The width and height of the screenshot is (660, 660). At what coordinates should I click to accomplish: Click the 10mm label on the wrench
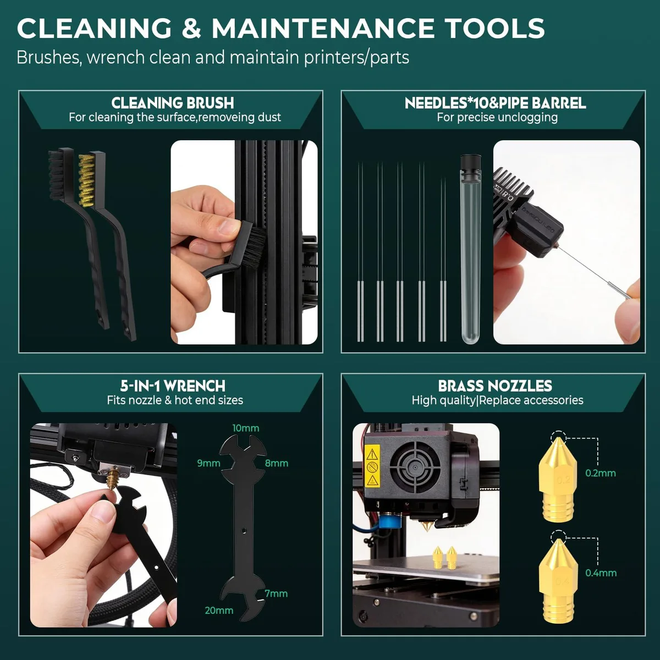(x=245, y=428)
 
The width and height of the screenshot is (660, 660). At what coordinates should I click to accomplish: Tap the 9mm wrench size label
(x=208, y=464)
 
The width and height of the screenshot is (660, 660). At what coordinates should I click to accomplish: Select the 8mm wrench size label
(x=277, y=464)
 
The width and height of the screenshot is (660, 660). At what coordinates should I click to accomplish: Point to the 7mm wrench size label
(x=276, y=593)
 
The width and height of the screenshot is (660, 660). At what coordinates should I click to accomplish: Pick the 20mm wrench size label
(x=219, y=610)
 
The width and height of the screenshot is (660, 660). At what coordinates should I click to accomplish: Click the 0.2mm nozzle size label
(x=601, y=473)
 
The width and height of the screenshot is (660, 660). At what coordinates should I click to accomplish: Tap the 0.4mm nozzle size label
(x=601, y=573)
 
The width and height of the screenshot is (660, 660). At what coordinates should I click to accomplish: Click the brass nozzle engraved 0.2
(x=558, y=480)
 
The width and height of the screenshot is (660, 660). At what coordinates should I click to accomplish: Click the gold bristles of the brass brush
(x=85, y=180)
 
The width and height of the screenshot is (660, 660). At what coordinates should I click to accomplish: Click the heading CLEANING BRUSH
(x=173, y=103)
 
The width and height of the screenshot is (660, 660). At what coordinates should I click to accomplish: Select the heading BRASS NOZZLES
(x=495, y=386)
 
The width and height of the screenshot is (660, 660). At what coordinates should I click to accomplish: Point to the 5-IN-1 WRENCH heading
(x=173, y=386)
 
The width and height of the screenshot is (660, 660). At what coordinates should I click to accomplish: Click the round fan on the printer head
(x=415, y=467)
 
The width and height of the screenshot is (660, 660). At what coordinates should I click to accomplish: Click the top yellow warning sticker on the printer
(x=372, y=454)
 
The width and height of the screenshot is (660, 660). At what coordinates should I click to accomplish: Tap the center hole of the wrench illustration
(x=244, y=531)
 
